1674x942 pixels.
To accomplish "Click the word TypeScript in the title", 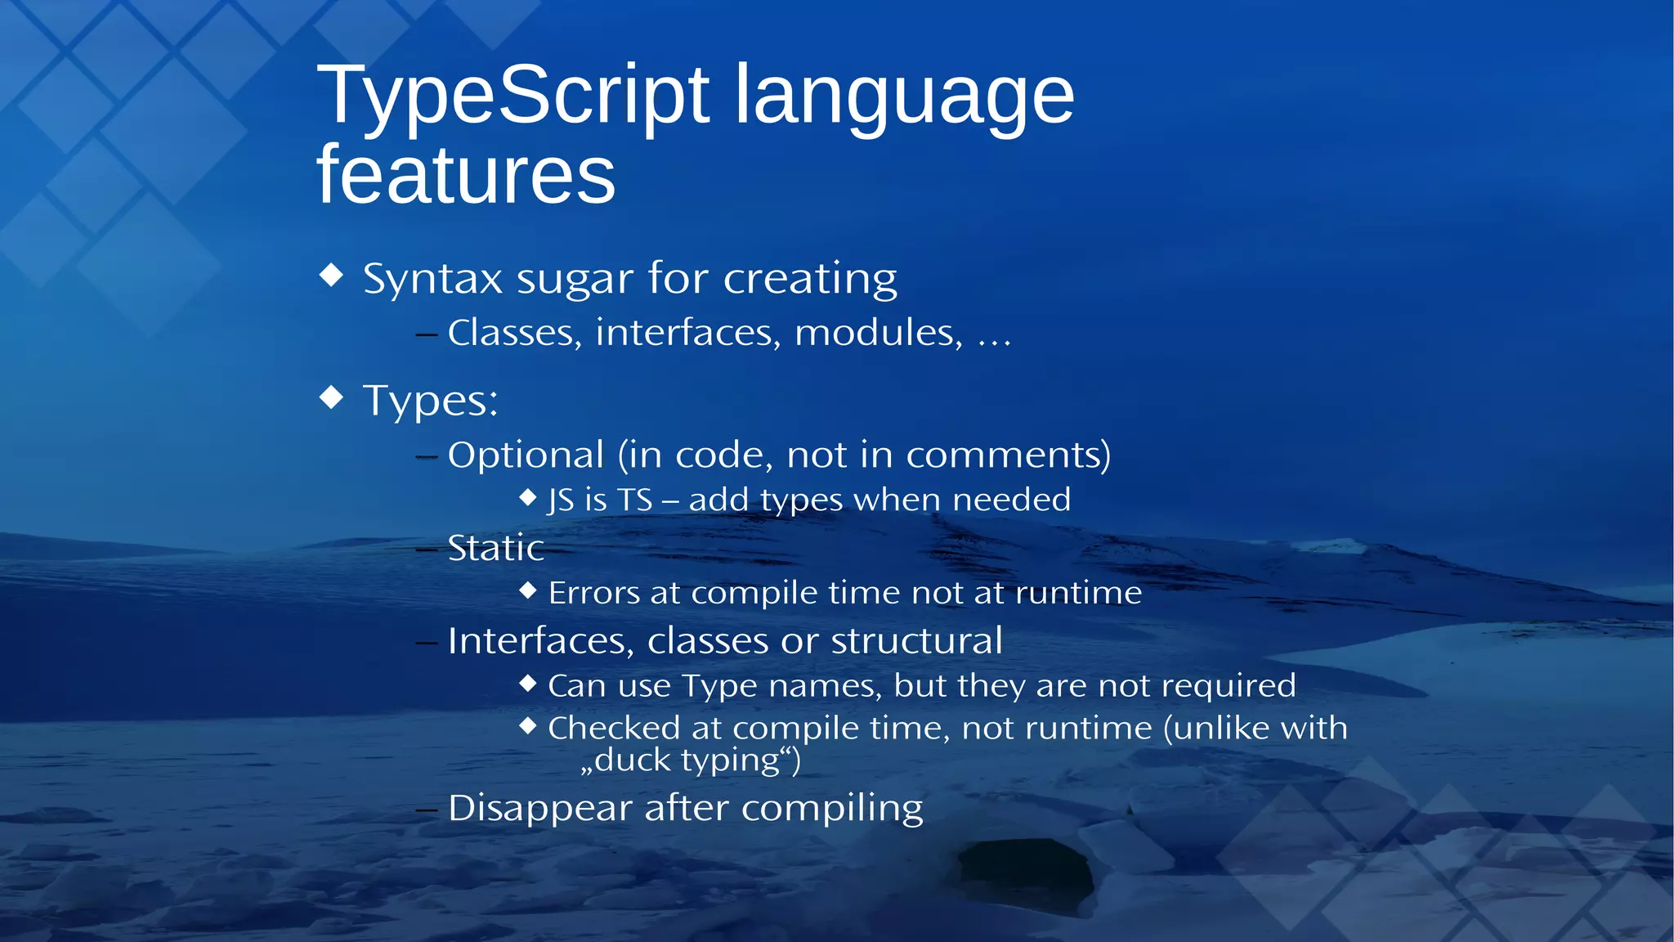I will (513, 96).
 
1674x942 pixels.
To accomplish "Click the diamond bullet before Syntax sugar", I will (331, 275).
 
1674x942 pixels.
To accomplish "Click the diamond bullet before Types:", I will (331, 397).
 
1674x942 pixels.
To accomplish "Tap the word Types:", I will (430, 401).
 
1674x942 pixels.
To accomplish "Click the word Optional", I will (526, 455).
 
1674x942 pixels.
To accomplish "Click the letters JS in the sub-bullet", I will (561, 500).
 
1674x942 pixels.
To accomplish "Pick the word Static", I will (495, 548).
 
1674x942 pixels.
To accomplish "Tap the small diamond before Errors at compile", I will (528, 590).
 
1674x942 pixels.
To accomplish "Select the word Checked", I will (613, 728).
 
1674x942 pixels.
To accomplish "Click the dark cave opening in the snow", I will (1026, 875).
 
